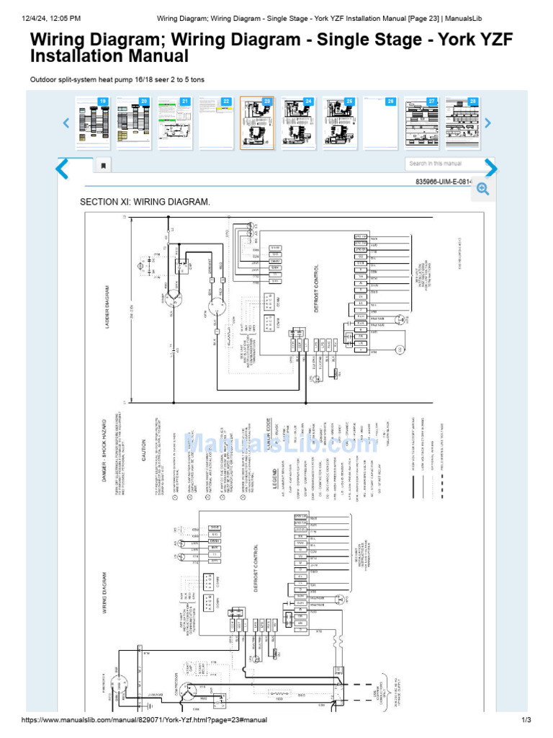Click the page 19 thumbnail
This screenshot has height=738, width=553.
93,123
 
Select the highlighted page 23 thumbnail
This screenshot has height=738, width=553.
257,123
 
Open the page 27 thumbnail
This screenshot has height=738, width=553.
422,123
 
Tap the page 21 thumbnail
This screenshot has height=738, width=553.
175,123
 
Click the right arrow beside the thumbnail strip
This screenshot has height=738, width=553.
487,123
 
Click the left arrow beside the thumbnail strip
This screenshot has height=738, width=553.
66,123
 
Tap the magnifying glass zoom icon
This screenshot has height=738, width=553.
482,189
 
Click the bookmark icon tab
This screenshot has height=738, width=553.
103,166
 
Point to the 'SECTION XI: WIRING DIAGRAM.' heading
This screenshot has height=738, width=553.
145,202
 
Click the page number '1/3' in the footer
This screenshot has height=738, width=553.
526,720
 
